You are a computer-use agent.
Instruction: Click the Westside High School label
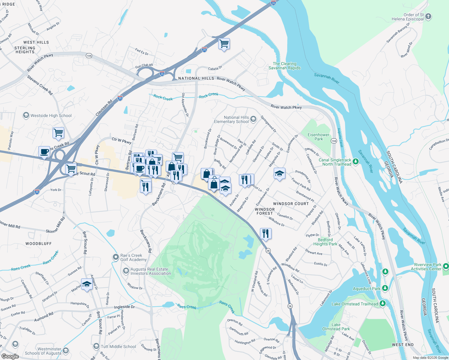(x=51, y=115)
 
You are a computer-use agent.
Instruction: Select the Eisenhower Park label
(x=318, y=137)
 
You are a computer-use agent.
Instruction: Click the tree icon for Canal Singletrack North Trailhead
(x=356, y=162)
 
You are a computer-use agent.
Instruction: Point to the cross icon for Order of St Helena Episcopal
(x=428, y=16)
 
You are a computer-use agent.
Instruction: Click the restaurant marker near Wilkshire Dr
(x=266, y=233)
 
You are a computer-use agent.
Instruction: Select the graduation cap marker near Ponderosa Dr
(x=279, y=173)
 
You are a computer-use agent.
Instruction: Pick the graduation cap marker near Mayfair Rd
(x=87, y=284)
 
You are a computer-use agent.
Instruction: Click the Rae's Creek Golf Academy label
(x=133, y=257)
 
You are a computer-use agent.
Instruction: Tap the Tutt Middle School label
(x=118, y=346)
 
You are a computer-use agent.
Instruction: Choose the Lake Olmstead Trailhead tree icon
(x=382, y=304)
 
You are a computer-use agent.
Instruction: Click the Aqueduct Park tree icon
(x=385, y=288)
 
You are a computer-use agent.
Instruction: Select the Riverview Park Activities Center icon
(x=446, y=266)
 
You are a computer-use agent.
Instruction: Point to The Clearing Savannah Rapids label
(x=285, y=66)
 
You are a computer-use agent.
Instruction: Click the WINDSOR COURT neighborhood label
(x=291, y=204)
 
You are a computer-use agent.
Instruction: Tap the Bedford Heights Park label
(x=325, y=242)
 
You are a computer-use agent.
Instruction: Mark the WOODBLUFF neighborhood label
(x=38, y=244)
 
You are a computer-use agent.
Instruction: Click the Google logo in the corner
(x=10, y=356)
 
